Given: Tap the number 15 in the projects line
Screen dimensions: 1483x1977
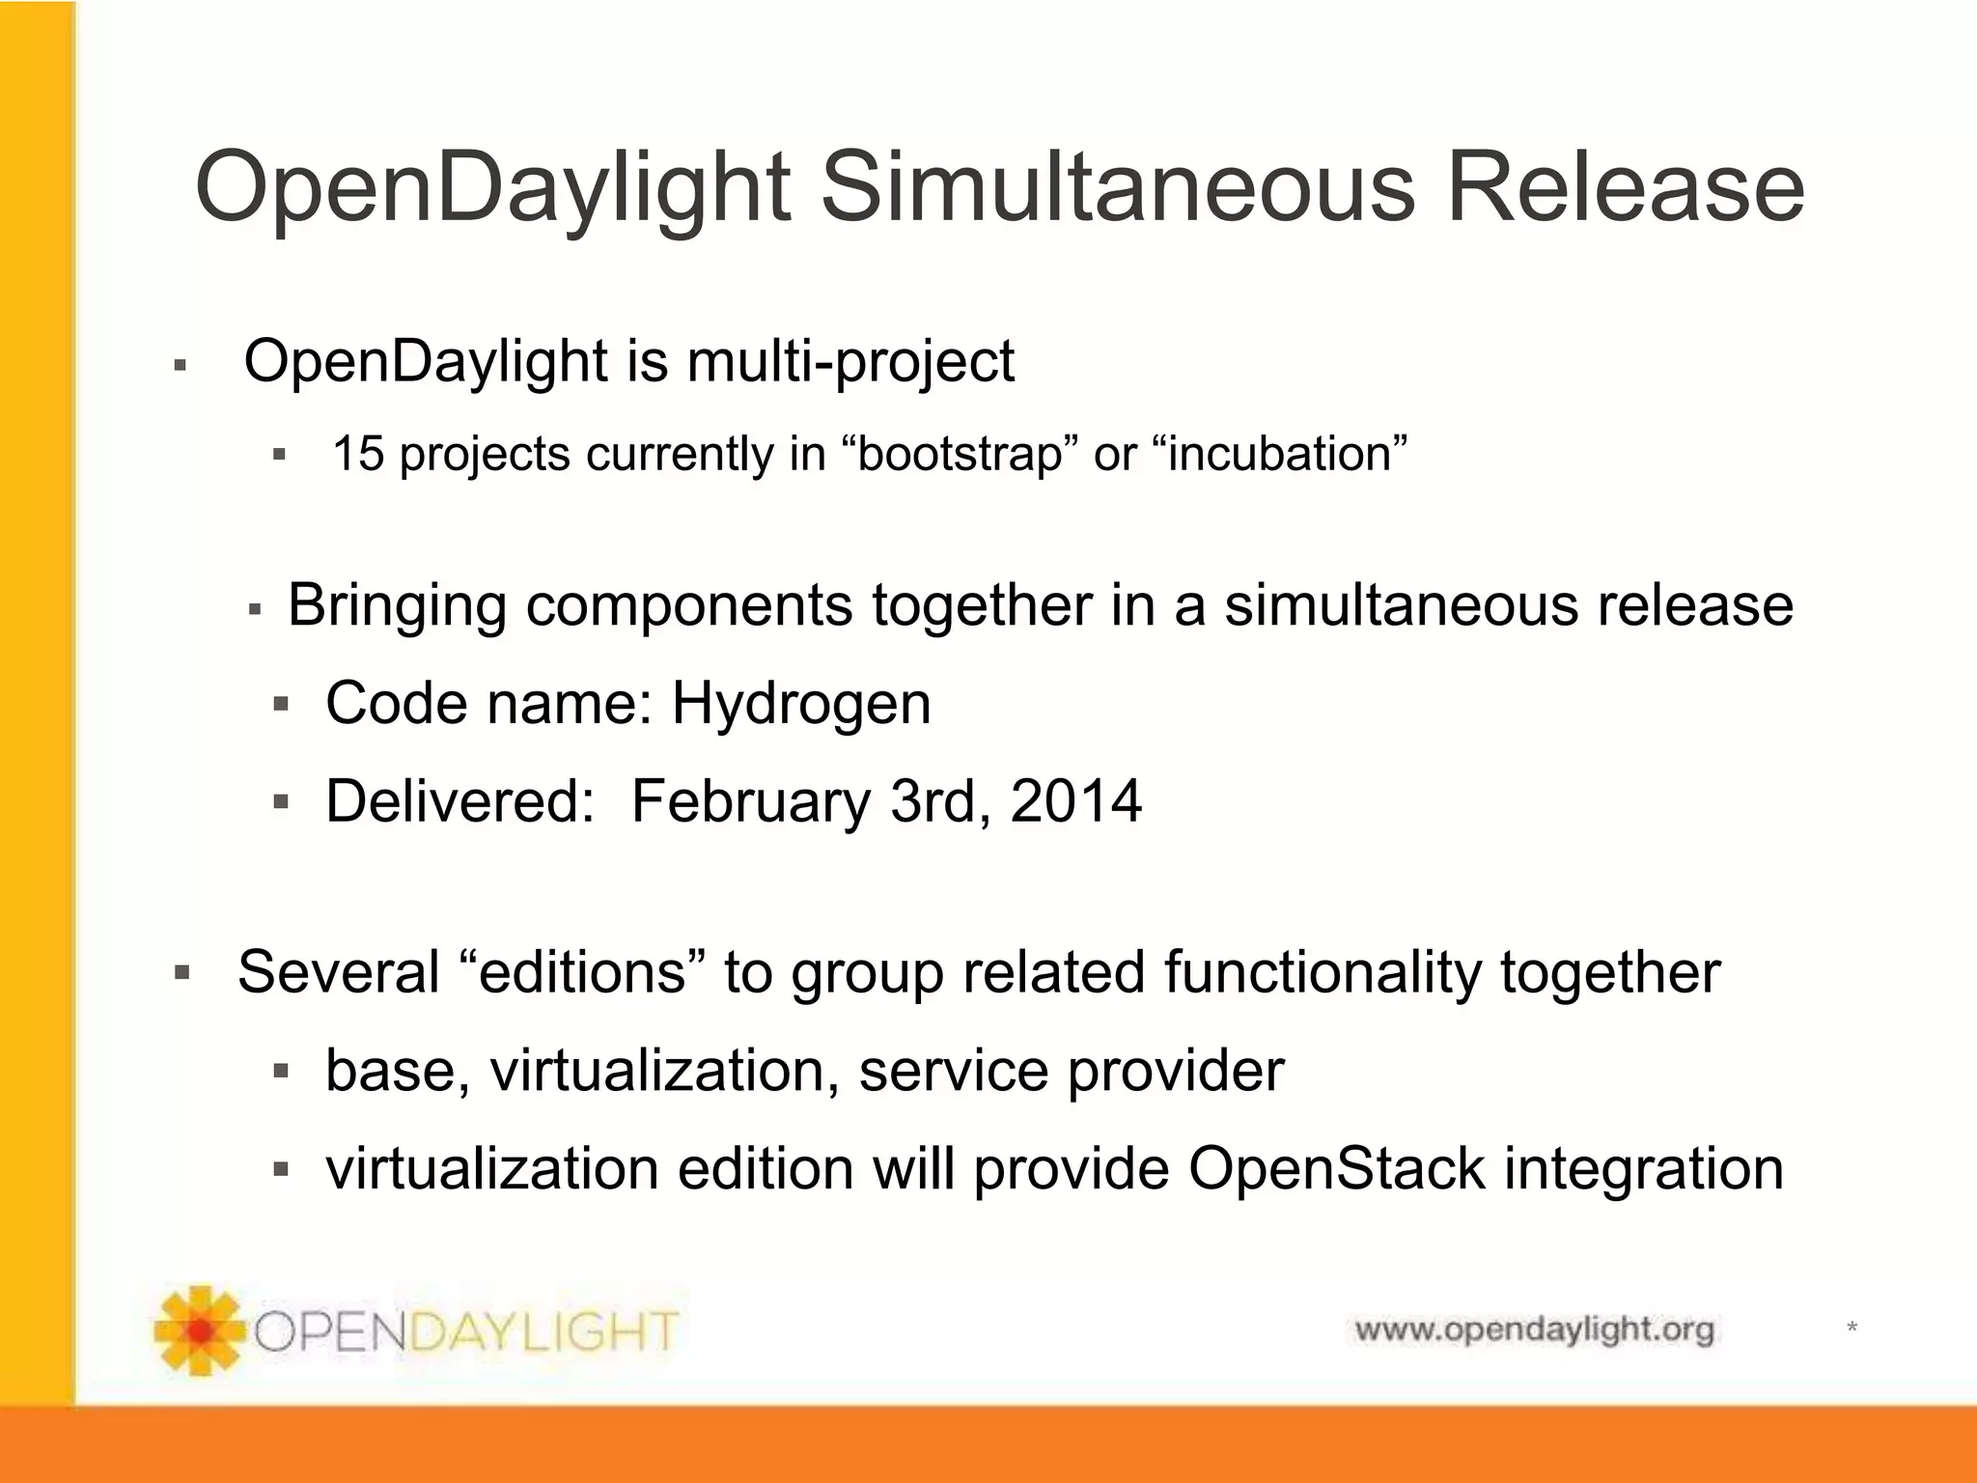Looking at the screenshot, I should point(358,454).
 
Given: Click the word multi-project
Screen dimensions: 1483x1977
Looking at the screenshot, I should point(849,362).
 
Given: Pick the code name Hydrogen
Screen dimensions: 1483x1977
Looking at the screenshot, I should point(801,704).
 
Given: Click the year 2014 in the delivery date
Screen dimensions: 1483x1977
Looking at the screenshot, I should point(1075,801).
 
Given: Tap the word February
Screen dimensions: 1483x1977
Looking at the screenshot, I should point(751,802).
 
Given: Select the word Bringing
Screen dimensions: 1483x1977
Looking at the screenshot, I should point(397,606).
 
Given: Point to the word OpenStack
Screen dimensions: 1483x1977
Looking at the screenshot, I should point(1336,1168).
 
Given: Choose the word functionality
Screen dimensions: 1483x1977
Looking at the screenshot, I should point(1322,971).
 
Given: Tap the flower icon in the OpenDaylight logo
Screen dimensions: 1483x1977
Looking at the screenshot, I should point(200,1330).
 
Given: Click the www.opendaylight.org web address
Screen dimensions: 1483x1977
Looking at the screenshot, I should point(1534,1329).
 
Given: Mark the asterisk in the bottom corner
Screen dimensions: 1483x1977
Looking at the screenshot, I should point(1852,1329).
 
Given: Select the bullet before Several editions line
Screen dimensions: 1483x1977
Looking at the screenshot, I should point(182,972).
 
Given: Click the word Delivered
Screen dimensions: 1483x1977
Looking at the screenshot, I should point(459,801).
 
